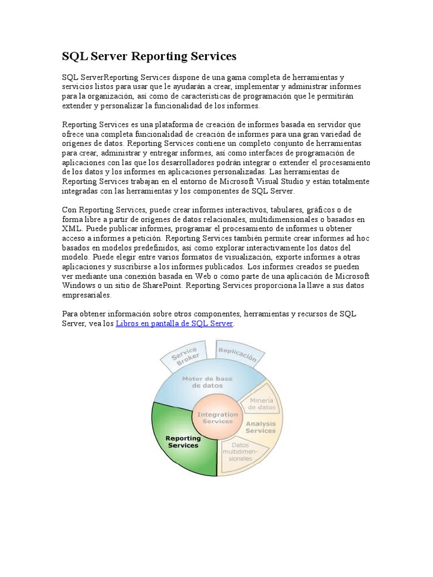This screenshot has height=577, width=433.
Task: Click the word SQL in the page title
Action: (x=73, y=57)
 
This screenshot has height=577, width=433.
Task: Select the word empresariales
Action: (x=87, y=295)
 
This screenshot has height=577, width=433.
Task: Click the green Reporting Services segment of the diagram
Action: (x=183, y=442)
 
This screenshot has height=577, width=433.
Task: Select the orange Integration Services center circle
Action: (x=217, y=418)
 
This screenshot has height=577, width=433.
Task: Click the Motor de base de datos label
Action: (x=202, y=383)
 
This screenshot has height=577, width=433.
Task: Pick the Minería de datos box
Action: (x=262, y=403)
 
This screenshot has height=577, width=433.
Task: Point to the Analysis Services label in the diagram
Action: (x=260, y=427)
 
